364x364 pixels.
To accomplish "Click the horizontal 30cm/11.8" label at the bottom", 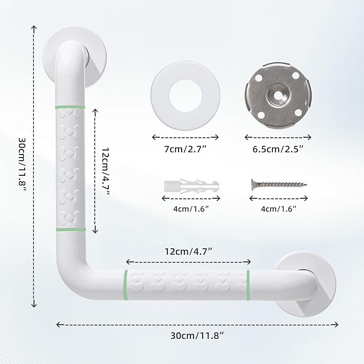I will [x=197, y=336].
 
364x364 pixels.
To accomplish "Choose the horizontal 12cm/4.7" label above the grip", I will [x=189, y=250].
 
